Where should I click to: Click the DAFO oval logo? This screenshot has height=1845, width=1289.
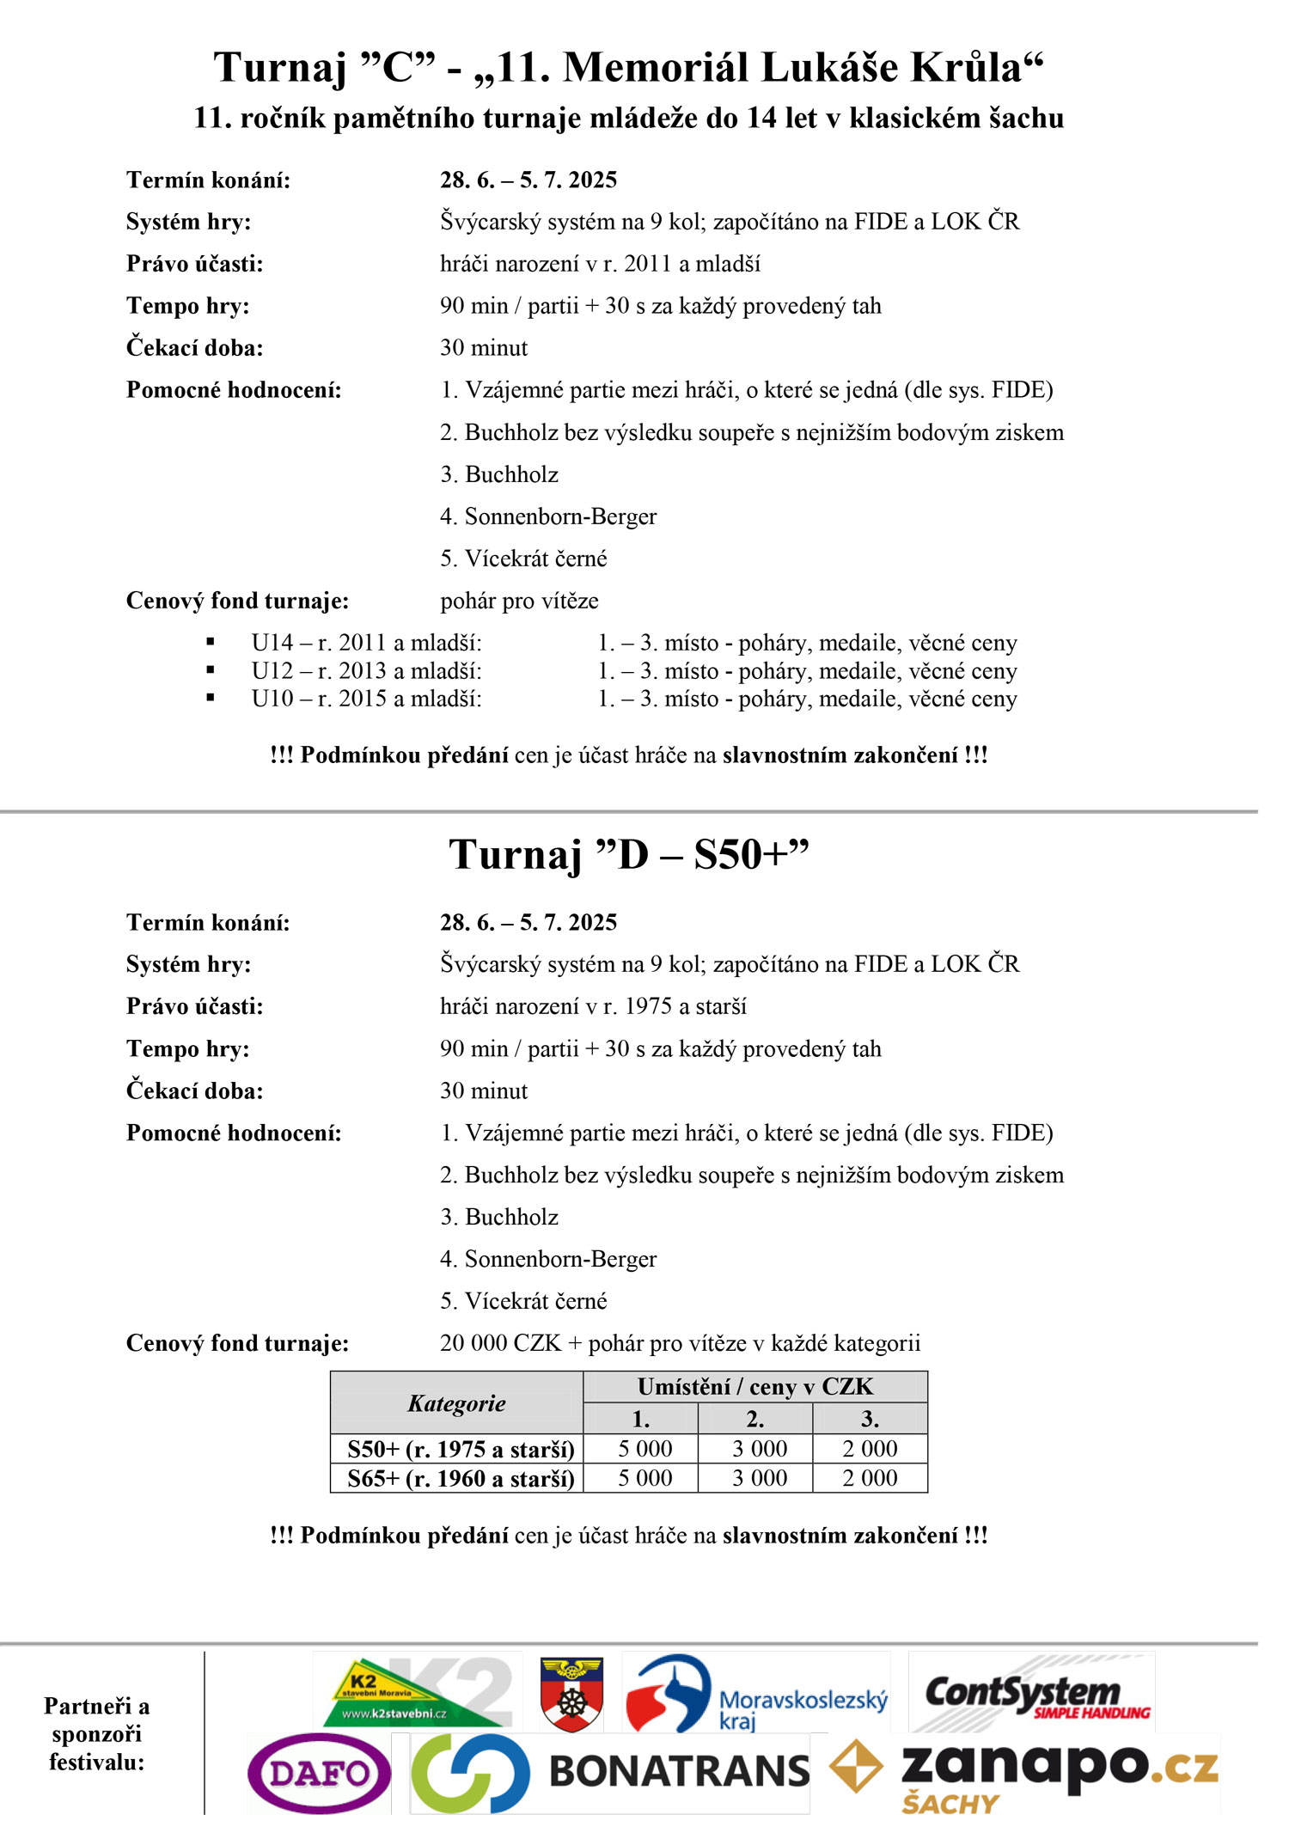319,1773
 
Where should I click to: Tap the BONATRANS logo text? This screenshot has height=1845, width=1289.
679,1772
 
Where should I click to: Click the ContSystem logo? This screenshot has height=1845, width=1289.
1032,1693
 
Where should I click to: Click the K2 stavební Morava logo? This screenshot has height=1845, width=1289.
416,1693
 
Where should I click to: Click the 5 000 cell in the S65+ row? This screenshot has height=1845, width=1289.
645,1478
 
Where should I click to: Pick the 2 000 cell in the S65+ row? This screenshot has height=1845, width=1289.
870,1478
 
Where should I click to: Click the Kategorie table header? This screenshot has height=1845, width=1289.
456,1403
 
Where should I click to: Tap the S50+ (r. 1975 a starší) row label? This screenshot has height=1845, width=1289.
461,1450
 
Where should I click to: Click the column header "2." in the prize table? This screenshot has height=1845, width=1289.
755,1419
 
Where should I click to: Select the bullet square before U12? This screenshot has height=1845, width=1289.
211,670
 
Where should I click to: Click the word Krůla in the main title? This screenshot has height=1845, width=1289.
976,67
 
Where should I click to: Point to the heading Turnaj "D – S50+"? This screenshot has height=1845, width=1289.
629,854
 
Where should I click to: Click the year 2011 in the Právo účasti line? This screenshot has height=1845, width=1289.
648,264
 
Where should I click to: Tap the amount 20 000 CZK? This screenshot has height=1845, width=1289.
500,1343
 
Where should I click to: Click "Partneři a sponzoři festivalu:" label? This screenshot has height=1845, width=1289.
97,1734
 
